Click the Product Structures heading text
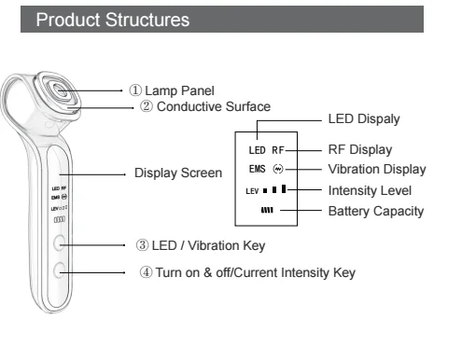113,20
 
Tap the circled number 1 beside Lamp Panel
135,90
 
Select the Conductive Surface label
214,106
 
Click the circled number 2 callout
147,106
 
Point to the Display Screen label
178,173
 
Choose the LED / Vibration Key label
208,245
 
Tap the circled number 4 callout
146,272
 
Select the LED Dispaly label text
364,119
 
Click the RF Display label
360,149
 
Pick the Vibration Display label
377,170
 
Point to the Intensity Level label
370,190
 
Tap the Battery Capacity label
376,211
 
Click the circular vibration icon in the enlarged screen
278,169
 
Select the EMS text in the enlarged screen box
258,169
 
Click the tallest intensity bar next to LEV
284,188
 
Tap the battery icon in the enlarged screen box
267,211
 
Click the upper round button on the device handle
59,243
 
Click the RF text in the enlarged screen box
278,150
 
